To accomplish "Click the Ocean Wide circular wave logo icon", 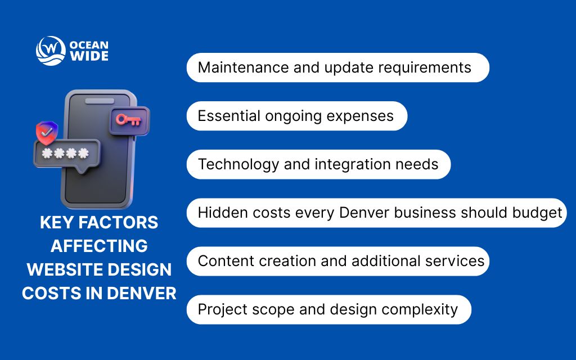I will tap(51, 51).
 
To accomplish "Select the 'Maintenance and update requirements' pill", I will tap(337, 67).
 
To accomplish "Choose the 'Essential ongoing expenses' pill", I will tap(296, 116).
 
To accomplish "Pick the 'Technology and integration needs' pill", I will tap(318, 164).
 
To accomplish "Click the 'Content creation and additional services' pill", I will tap(337, 261).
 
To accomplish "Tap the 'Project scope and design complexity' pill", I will tap(328, 309).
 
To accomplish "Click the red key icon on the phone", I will tap(129, 119).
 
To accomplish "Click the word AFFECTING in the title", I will tap(99, 246).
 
